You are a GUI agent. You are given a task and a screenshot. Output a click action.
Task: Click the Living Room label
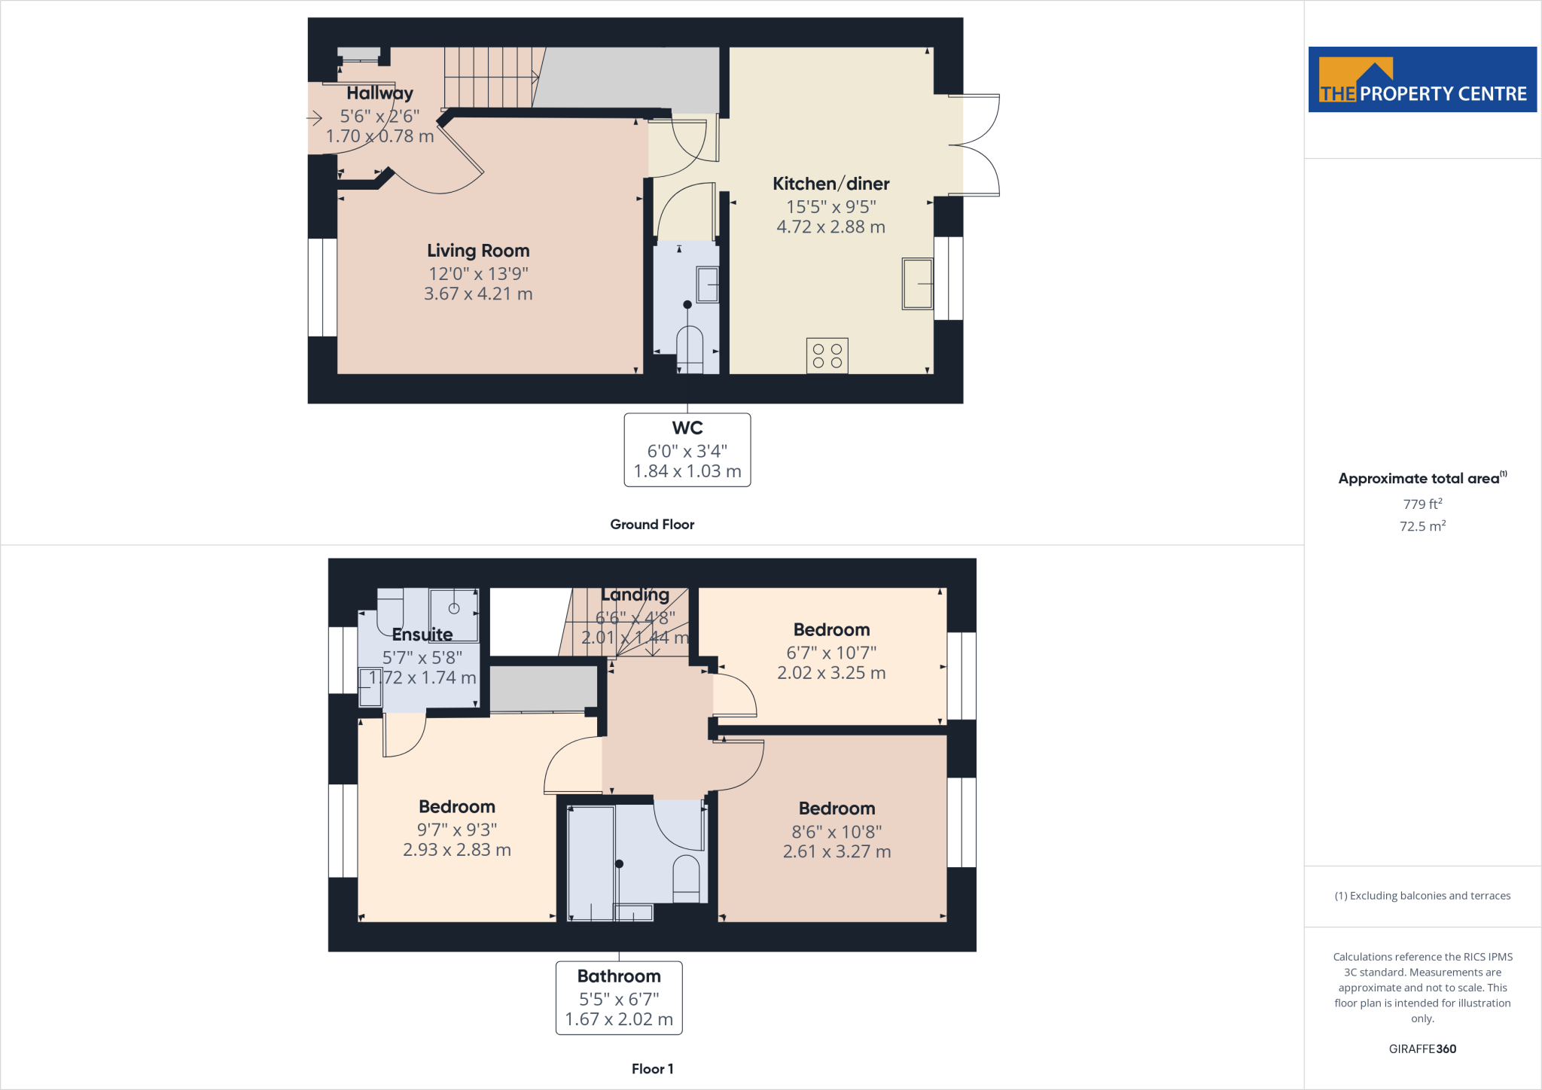click(x=478, y=251)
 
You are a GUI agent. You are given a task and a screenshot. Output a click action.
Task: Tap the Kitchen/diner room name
click(x=830, y=184)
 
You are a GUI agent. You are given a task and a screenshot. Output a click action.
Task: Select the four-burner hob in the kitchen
click(x=827, y=355)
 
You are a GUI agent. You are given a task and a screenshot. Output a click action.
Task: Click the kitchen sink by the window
click(x=917, y=283)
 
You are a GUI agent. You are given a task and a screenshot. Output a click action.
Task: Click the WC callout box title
click(x=687, y=428)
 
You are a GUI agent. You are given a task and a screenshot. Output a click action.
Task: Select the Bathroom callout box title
click(x=619, y=976)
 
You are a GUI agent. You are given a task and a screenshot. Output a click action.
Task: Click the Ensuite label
click(x=422, y=635)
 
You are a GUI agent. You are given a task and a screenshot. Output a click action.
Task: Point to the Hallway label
click(x=379, y=93)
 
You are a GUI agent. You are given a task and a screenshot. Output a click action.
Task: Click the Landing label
click(x=635, y=595)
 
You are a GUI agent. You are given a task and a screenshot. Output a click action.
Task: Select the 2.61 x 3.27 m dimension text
click(x=837, y=851)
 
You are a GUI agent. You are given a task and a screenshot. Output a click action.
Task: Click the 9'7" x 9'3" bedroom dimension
click(x=457, y=830)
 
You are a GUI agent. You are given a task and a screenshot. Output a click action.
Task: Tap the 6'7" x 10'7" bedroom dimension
click(x=831, y=653)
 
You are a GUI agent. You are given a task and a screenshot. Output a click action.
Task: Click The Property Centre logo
click(x=1422, y=80)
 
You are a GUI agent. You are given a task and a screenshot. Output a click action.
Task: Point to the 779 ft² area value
click(x=1422, y=504)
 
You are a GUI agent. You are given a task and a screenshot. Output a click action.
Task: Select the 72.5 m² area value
click(x=1422, y=526)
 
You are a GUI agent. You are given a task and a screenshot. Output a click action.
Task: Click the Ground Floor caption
click(x=652, y=525)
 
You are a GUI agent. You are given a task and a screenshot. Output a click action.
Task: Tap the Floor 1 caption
click(x=652, y=1069)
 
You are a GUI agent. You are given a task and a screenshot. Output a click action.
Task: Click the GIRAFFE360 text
click(x=1422, y=1049)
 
